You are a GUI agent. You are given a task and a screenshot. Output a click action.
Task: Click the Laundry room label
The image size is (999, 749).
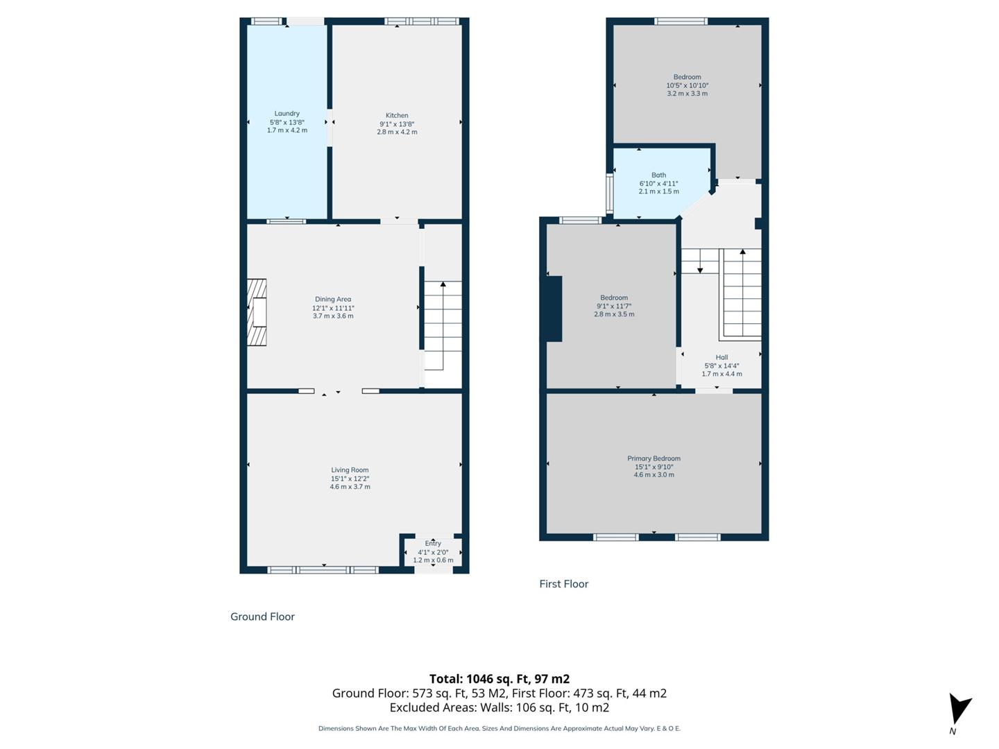click(287, 114)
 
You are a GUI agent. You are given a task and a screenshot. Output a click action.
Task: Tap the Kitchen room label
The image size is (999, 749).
click(397, 116)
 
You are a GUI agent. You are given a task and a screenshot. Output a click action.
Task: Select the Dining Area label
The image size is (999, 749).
click(333, 300)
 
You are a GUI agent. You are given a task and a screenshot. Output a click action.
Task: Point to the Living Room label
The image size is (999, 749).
click(350, 470)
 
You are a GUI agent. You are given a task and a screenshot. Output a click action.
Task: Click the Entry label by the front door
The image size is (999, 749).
click(433, 544)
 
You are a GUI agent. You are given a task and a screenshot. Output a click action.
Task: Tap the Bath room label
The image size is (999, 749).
click(658, 175)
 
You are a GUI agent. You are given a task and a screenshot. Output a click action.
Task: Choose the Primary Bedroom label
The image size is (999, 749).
click(654, 458)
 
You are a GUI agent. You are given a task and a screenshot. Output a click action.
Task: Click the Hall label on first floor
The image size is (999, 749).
click(721, 358)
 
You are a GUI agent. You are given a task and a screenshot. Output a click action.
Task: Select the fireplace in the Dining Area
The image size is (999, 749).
click(257, 312)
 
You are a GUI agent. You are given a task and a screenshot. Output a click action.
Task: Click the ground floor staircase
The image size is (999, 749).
click(443, 325)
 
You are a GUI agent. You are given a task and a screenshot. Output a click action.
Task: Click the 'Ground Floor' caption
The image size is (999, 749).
click(262, 617)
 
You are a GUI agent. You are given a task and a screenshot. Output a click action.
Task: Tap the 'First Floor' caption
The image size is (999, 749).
click(563, 584)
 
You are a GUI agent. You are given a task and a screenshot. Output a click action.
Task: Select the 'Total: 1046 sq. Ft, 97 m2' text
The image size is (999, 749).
click(499, 679)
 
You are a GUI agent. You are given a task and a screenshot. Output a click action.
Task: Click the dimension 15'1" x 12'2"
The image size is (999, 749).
click(350, 479)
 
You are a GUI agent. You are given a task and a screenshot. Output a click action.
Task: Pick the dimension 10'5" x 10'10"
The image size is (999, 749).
click(687, 85)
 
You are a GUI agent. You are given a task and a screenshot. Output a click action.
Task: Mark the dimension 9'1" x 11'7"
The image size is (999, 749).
click(614, 306)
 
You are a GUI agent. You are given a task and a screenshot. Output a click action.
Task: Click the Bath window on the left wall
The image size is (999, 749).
click(610, 193)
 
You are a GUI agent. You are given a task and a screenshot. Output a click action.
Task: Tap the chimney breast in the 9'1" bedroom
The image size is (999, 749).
click(554, 309)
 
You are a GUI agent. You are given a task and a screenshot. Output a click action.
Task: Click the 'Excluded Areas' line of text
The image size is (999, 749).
click(499, 707)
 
